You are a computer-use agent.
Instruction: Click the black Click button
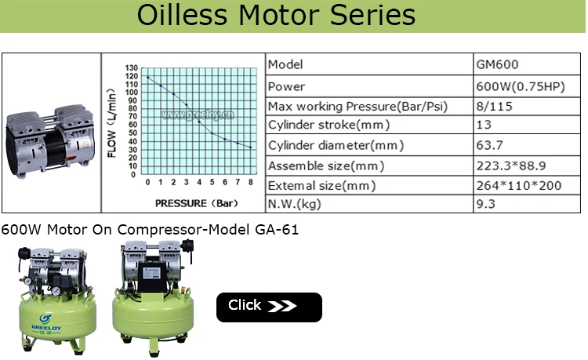(x=269, y=307)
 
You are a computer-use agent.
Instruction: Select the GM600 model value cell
(x=497, y=64)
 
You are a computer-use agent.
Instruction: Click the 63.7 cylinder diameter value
(x=489, y=145)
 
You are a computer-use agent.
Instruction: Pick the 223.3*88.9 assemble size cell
(x=510, y=165)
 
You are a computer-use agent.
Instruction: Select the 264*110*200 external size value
(x=518, y=186)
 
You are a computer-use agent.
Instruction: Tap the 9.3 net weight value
(x=486, y=205)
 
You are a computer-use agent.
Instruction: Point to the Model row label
(x=285, y=64)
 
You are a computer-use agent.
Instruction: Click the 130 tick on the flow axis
(x=132, y=68)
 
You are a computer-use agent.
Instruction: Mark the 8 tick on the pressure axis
(x=250, y=182)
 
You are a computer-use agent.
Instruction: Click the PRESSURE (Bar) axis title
(x=192, y=202)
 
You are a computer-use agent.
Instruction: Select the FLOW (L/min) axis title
(x=113, y=125)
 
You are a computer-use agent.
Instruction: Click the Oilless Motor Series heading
(x=276, y=15)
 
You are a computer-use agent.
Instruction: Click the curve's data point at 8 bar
(x=250, y=147)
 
